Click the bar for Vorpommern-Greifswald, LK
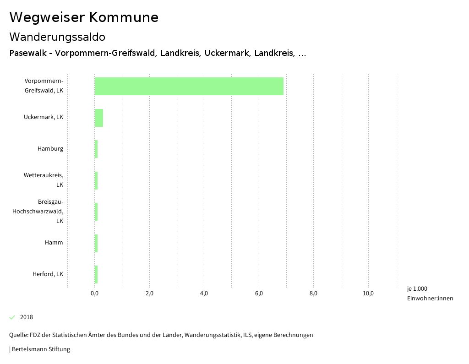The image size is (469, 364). point(189,86)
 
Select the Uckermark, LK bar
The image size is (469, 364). point(99,118)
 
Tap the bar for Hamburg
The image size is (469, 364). point(96,149)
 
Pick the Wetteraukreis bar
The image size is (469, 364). point(96,180)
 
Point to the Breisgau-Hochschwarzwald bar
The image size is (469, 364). point(96,212)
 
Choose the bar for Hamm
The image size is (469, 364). point(96,243)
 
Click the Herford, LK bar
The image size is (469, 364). point(96,274)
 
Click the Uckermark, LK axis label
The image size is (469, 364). point(44,117)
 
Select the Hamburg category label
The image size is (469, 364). point(50,149)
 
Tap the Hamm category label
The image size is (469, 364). point(54,243)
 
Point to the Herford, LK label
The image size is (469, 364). point(48,274)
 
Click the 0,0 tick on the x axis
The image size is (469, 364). point(95,293)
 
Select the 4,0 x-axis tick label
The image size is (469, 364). point(204,293)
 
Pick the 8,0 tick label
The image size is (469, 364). point(314,293)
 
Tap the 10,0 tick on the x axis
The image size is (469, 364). point(368,293)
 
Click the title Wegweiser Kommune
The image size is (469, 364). point(84,17)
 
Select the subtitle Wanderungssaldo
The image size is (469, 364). point(57,37)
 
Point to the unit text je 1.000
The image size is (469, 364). point(417,289)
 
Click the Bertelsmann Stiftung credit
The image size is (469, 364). point(40,349)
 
